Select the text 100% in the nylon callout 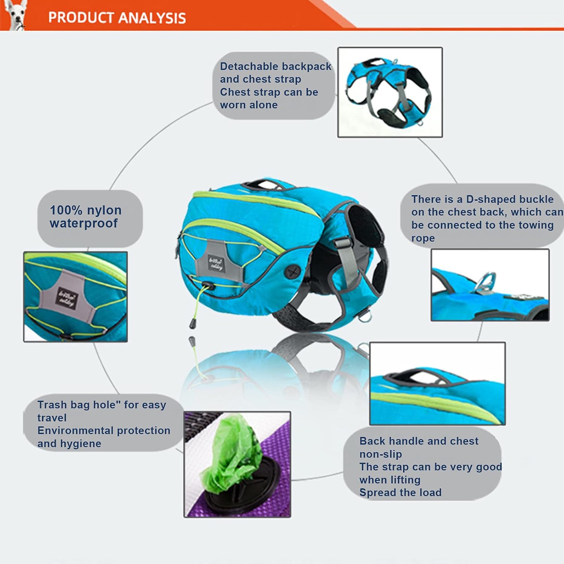pos(66,210)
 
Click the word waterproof pos(83,223)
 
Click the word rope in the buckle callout pos(423,238)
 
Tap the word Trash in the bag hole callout pos(52,405)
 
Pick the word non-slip pos(381,454)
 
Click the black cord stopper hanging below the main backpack pos(193,323)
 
